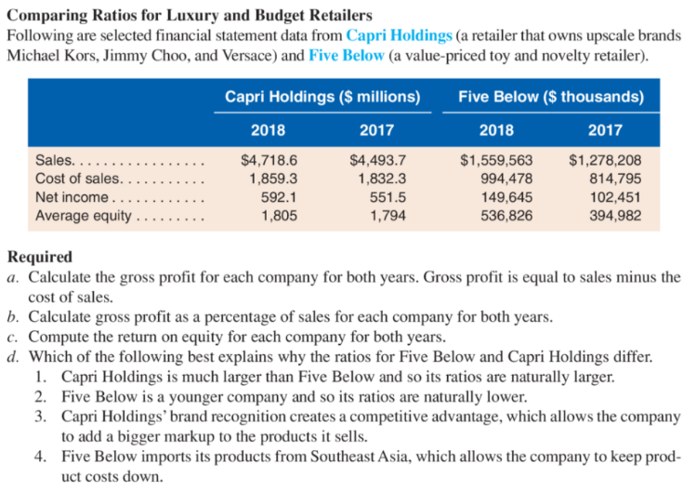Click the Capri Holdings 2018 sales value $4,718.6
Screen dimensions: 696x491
coord(269,160)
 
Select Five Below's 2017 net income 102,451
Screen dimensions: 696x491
coord(615,197)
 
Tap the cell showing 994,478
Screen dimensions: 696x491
coord(507,179)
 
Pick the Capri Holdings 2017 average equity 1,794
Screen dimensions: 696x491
coord(387,216)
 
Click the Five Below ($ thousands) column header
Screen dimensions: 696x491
coord(551,97)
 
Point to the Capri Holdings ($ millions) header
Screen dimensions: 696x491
coord(322,97)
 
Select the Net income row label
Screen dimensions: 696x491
coord(72,197)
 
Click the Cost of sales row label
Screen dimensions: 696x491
coord(77,179)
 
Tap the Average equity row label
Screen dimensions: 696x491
coord(84,216)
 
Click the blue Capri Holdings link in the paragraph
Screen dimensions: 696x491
coord(399,35)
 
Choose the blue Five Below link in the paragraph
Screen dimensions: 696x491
coord(347,56)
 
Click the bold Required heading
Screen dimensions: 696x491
coord(40,257)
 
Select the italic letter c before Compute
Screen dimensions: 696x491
coord(12,337)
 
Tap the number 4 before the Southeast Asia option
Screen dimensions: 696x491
coord(41,457)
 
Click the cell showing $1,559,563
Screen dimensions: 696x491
coord(496,160)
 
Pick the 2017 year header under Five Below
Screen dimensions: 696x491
coord(605,130)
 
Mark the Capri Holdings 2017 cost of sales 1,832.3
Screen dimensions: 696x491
coord(382,179)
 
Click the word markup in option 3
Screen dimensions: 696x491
coord(189,437)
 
